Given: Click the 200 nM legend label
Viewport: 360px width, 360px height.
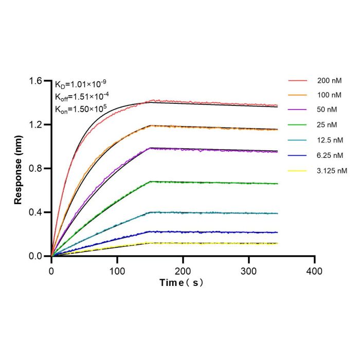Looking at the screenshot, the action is (x=330, y=81).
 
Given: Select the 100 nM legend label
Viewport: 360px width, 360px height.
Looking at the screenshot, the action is (x=329, y=95).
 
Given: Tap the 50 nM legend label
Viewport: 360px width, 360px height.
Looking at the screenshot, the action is (x=327, y=110).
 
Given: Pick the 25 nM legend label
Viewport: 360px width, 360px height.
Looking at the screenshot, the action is (x=327, y=125).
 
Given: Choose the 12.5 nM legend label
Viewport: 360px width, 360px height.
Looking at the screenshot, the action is (x=330, y=140).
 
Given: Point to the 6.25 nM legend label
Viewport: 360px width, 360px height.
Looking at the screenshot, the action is (x=330, y=155).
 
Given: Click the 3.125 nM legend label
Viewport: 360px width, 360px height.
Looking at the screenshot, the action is (x=332, y=171).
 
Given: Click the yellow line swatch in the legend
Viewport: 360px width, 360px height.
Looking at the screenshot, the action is (x=297, y=171).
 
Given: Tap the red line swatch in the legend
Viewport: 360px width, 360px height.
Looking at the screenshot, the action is (x=298, y=81).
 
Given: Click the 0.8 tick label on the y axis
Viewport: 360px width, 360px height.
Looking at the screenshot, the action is (x=35, y=169).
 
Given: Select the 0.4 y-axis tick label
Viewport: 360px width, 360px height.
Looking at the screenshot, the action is (x=35, y=212).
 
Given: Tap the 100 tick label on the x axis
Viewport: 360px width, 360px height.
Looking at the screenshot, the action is (x=117, y=272).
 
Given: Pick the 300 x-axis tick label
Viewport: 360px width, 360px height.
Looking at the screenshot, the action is (x=248, y=272).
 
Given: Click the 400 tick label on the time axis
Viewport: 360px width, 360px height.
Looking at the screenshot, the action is (x=314, y=272).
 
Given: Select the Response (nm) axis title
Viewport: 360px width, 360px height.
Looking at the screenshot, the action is (x=18, y=170).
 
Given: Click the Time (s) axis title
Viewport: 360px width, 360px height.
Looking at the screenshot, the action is (x=182, y=283).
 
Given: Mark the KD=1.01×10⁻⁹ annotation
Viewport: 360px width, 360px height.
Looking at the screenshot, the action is (x=81, y=84).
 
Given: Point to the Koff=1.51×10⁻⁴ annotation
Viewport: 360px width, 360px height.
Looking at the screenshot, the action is (x=82, y=97).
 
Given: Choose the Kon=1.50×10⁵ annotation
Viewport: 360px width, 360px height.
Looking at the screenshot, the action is (x=81, y=109).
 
